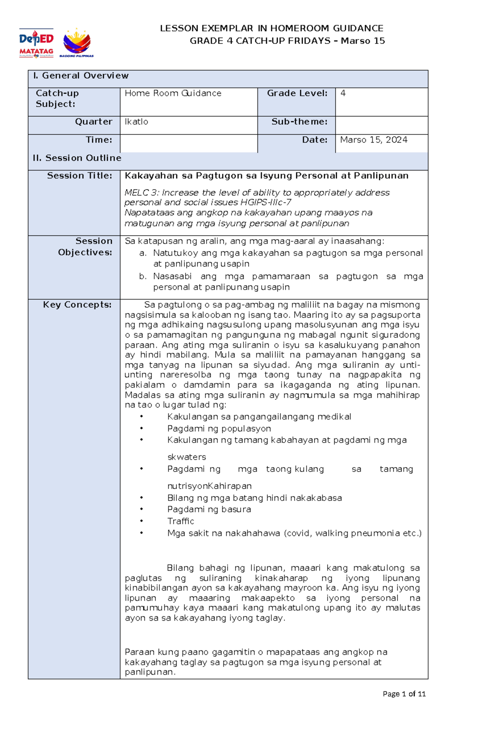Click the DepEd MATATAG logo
coord(36,43)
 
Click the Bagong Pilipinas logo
coord(77,43)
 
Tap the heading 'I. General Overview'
coord(80,76)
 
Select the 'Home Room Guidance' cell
coord(173,93)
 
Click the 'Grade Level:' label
coord(297,93)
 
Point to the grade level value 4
coord(343,93)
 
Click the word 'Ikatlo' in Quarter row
coord(136,122)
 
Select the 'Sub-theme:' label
coord(299,122)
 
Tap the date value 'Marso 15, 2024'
coord(374,140)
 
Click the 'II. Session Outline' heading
coord(77,158)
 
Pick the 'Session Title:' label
coord(79,176)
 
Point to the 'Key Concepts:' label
coord(77,305)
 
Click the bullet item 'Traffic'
coord(181,521)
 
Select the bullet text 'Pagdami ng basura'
coord(209,509)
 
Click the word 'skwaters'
coord(186,457)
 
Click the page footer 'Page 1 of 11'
coord(404,694)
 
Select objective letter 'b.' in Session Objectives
coord(142,277)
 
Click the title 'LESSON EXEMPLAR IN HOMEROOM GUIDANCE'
coord(271,28)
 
